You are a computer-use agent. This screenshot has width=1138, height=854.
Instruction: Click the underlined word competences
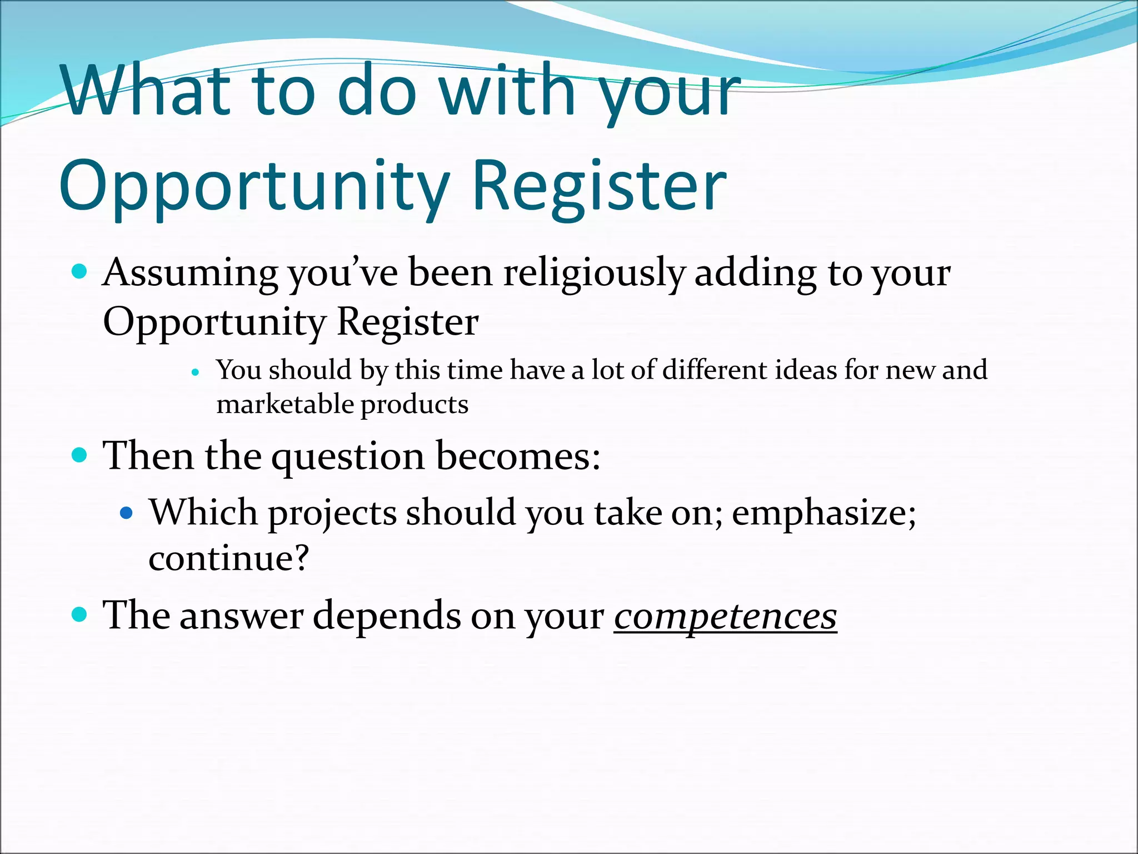(x=725, y=616)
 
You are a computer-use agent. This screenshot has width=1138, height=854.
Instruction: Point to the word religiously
(x=594, y=274)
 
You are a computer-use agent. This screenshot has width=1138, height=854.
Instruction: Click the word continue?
(x=228, y=558)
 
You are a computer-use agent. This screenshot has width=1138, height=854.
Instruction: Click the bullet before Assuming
(x=80, y=272)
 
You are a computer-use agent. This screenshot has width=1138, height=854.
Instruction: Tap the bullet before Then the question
(x=80, y=455)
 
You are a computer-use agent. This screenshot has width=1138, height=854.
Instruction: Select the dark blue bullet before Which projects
(x=127, y=513)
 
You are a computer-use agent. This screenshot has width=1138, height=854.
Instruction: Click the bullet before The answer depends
(x=80, y=614)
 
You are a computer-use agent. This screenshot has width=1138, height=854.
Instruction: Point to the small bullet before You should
(x=194, y=373)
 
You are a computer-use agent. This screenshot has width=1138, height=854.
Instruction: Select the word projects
(x=332, y=513)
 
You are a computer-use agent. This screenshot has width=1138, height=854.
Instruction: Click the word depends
(x=387, y=616)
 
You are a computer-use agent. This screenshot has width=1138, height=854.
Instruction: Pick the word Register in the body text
(x=407, y=322)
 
